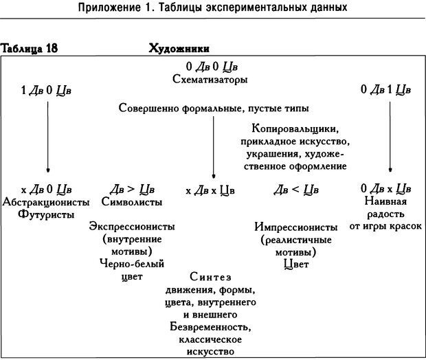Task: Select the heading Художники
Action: pyautogui.click(x=179, y=49)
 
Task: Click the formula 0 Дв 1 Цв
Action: pyautogui.click(x=387, y=89)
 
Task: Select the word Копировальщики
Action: pyautogui.click(x=295, y=128)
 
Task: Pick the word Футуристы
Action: pyautogui.click(x=47, y=214)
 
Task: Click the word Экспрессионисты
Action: pyautogui.click(x=131, y=227)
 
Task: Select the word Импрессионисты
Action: pyautogui.click(x=295, y=227)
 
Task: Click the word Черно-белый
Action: pyautogui.click(x=131, y=264)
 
